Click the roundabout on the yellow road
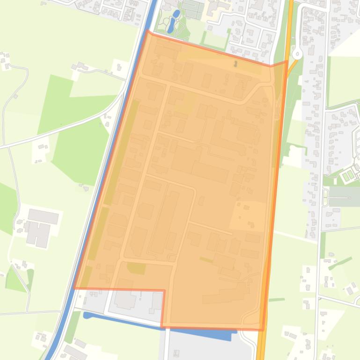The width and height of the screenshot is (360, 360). (298, 54)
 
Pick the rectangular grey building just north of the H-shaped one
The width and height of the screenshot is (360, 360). (44, 216)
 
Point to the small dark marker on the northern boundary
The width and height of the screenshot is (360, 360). (235, 63)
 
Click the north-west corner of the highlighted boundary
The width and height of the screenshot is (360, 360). (148, 31)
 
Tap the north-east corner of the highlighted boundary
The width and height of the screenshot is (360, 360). (287, 61)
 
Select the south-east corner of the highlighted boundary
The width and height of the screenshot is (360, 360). (262, 330)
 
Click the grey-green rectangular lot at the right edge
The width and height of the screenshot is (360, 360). (344, 196)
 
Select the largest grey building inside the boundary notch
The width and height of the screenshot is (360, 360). (125, 299)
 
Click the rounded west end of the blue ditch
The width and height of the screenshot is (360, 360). (86, 315)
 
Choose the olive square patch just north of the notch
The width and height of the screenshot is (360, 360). (136, 268)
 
